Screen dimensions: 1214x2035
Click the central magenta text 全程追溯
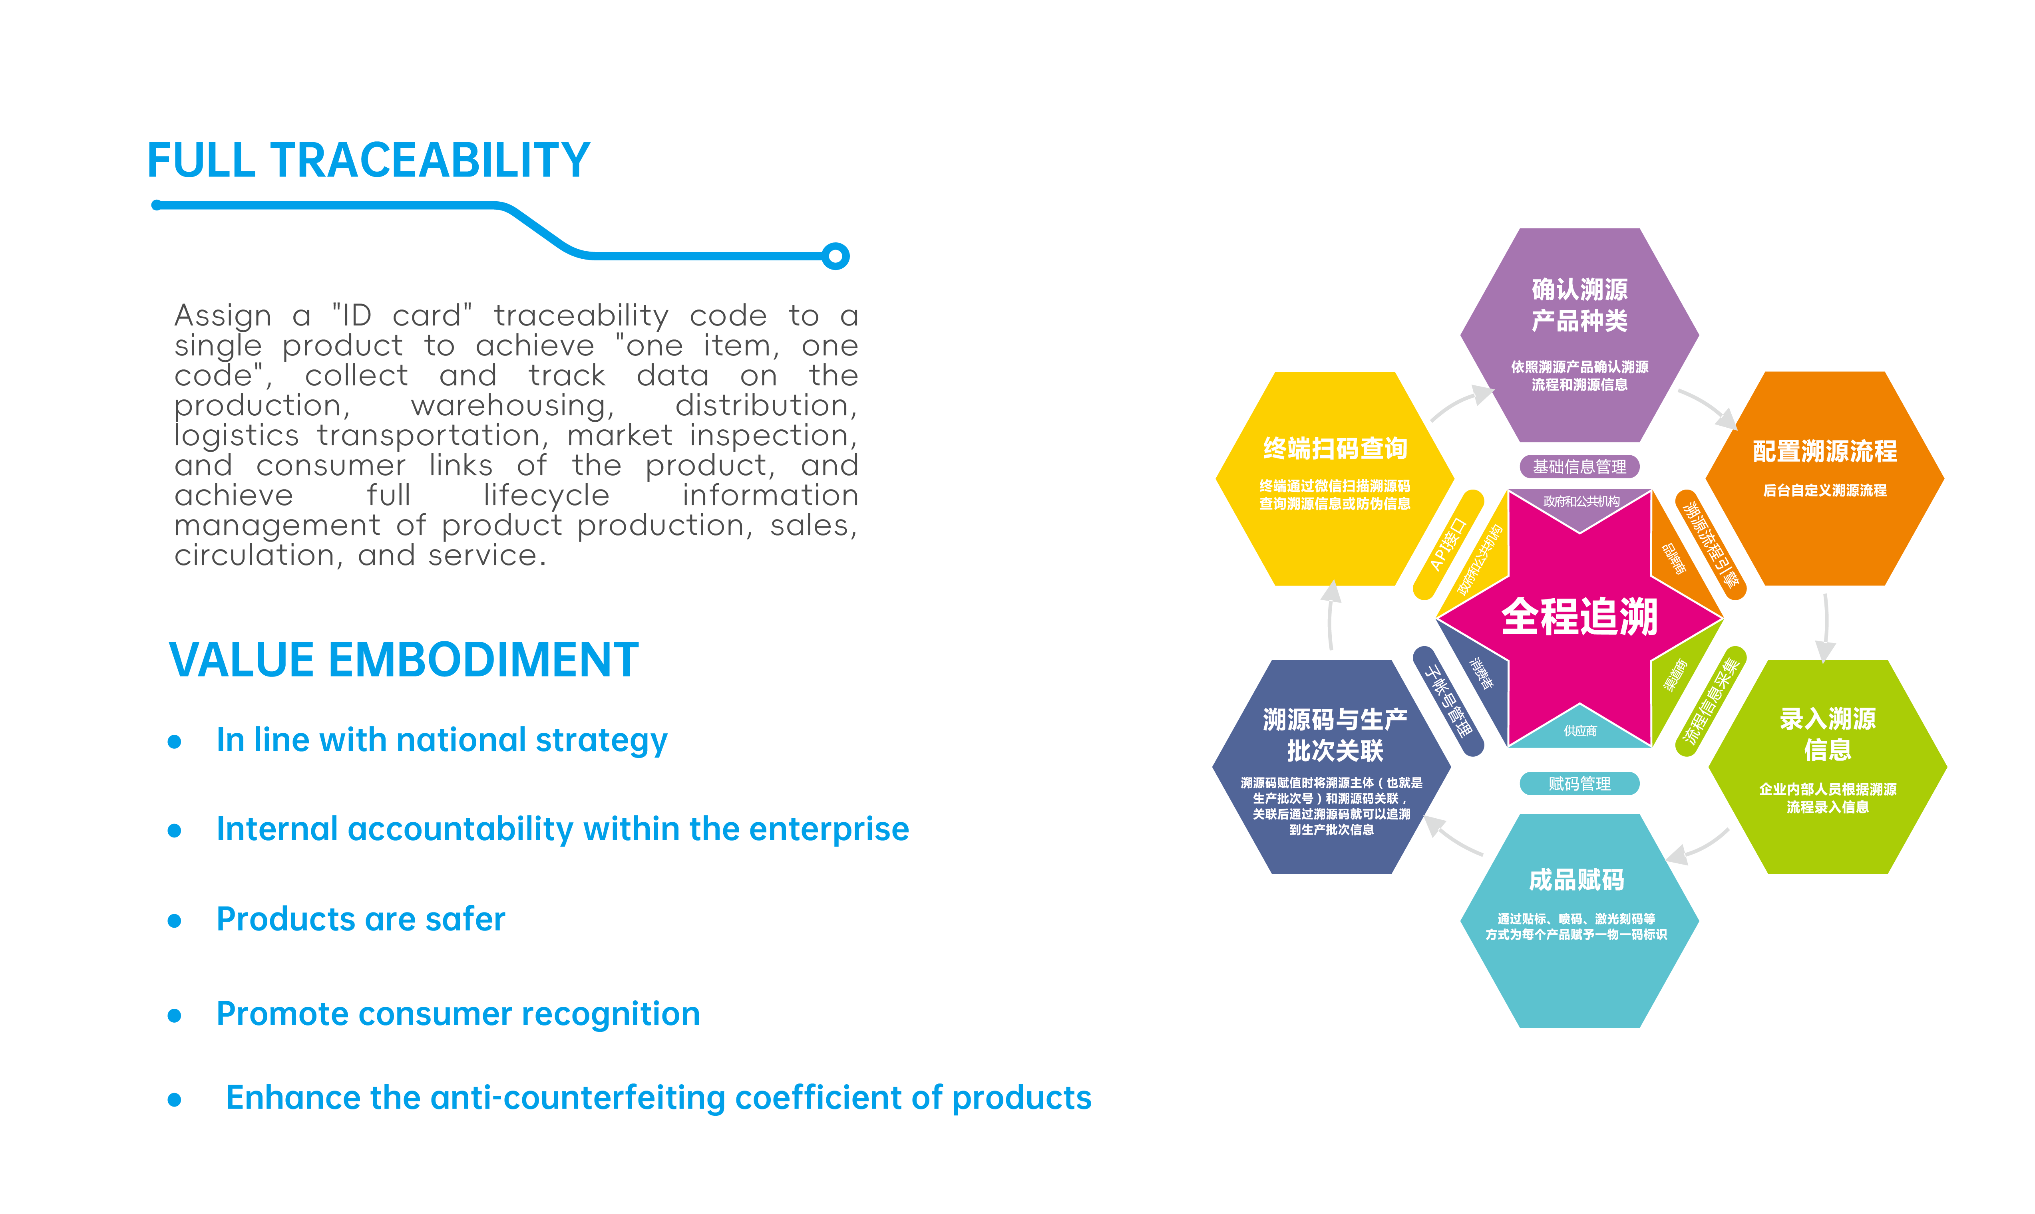[1579, 617]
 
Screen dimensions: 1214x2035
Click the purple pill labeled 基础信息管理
[1579, 466]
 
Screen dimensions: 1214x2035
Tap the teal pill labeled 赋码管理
[1579, 784]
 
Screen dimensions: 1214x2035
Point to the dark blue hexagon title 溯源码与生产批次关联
[1335, 735]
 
